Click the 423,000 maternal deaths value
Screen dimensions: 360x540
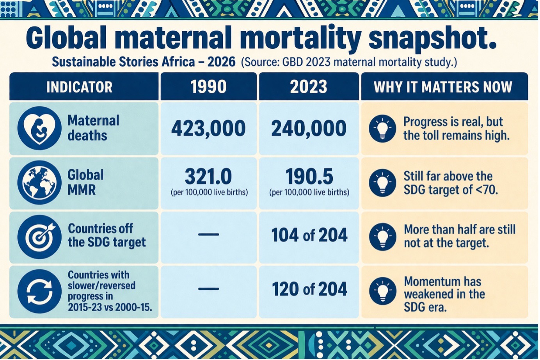tap(208, 129)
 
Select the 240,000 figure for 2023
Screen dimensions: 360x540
tap(308, 129)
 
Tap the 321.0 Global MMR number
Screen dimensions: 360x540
tap(208, 176)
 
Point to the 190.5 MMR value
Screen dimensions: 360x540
tap(309, 176)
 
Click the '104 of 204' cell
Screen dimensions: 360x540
tap(309, 235)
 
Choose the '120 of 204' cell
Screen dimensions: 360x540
tap(309, 289)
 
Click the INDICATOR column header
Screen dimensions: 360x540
tap(79, 87)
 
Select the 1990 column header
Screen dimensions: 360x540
tap(208, 87)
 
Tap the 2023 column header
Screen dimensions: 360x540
tap(308, 87)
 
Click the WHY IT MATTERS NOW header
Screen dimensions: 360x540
tap(443, 87)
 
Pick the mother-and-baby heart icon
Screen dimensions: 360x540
tap(39, 128)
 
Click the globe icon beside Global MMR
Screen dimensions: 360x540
tap(39, 182)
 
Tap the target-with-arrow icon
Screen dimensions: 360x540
tap(39, 237)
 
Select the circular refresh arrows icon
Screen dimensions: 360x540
tap(39, 292)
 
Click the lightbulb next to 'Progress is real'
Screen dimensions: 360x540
tap(382, 128)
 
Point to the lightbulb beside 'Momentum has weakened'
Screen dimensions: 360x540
tap(382, 292)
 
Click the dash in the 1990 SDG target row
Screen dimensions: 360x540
tap(208, 235)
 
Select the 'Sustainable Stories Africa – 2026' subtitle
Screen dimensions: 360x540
tap(144, 62)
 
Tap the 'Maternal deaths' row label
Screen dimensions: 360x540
tap(93, 128)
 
